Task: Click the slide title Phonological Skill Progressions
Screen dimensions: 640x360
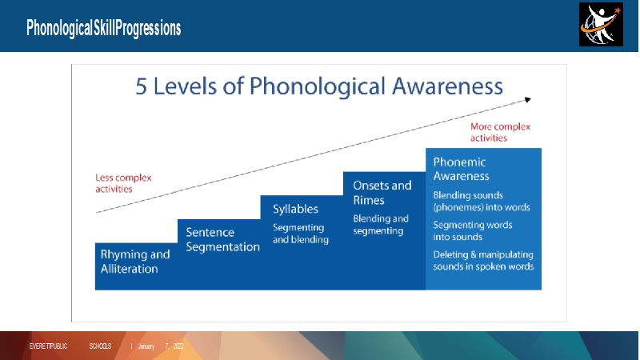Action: click(104, 28)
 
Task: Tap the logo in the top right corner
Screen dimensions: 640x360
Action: click(601, 25)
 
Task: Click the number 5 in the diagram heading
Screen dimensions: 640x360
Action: click(141, 86)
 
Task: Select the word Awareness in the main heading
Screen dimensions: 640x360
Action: click(447, 86)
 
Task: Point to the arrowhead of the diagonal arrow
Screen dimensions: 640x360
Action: click(528, 99)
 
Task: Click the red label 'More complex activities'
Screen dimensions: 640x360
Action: click(500, 132)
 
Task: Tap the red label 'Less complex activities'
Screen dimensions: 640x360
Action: click(123, 183)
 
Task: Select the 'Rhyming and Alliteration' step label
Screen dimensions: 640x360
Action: click(135, 262)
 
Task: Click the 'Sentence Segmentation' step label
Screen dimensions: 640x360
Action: click(222, 239)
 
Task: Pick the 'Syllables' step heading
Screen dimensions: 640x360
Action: click(295, 209)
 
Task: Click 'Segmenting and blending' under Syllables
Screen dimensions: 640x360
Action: click(301, 234)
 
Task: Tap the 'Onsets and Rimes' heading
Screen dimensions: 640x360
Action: click(382, 193)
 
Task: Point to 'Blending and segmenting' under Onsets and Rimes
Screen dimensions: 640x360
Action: click(381, 225)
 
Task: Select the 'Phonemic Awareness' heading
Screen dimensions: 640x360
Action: click(461, 169)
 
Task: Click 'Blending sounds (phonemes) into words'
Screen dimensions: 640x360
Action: click(482, 202)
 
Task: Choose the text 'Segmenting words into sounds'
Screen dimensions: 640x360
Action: click(473, 231)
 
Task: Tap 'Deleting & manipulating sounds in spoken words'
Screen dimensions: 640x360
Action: click(483, 261)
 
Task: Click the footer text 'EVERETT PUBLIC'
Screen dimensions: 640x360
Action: click(48, 346)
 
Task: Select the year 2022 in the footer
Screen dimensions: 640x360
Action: click(178, 346)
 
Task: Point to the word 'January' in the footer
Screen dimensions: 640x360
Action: click(146, 346)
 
